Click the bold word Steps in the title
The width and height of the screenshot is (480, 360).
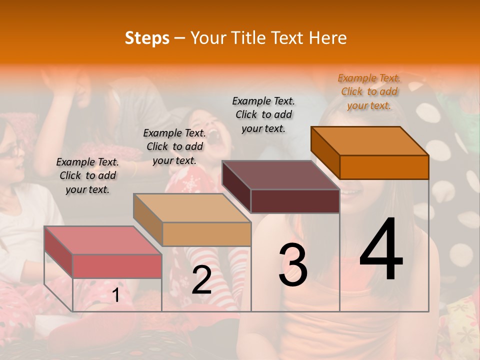(147, 38)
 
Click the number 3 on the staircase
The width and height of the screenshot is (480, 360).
(293, 264)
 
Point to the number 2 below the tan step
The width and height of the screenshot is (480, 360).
(201, 280)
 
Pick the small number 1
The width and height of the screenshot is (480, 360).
(116, 295)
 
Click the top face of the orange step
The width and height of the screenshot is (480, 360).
(370, 140)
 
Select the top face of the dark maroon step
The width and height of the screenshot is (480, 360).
(281, 175)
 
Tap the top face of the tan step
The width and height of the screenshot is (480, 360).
(192, 207)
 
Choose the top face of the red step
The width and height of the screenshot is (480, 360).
(103, 240)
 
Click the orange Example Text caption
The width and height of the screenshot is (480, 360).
(369, 91)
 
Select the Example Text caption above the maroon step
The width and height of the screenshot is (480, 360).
(263, 114)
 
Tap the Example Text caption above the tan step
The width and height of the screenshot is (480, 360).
(174, 146)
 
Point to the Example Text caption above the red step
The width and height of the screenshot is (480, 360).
(87, 175)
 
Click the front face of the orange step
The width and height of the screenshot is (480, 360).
(384, 167)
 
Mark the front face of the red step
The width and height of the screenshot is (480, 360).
(117, 266)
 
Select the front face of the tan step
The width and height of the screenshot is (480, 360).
(206, 234)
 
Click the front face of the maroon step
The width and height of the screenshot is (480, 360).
(295, 201)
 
